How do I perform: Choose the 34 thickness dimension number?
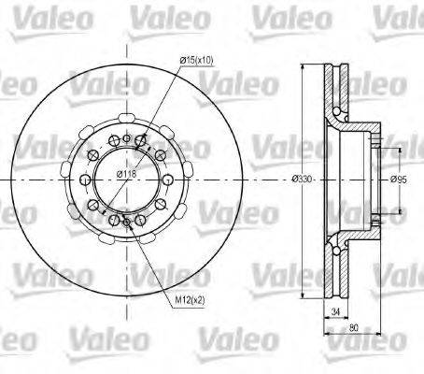333,310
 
